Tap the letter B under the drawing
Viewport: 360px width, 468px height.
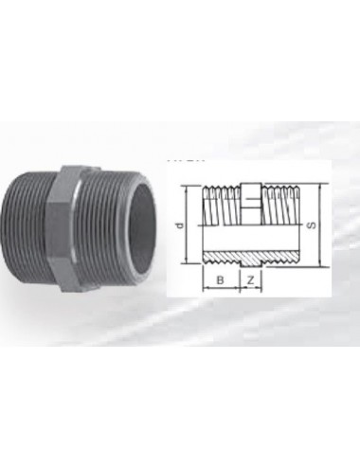tap(221, 281)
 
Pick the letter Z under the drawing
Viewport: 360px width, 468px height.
tap(249, 281)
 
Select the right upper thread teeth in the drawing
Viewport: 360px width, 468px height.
tap(281, 195)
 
